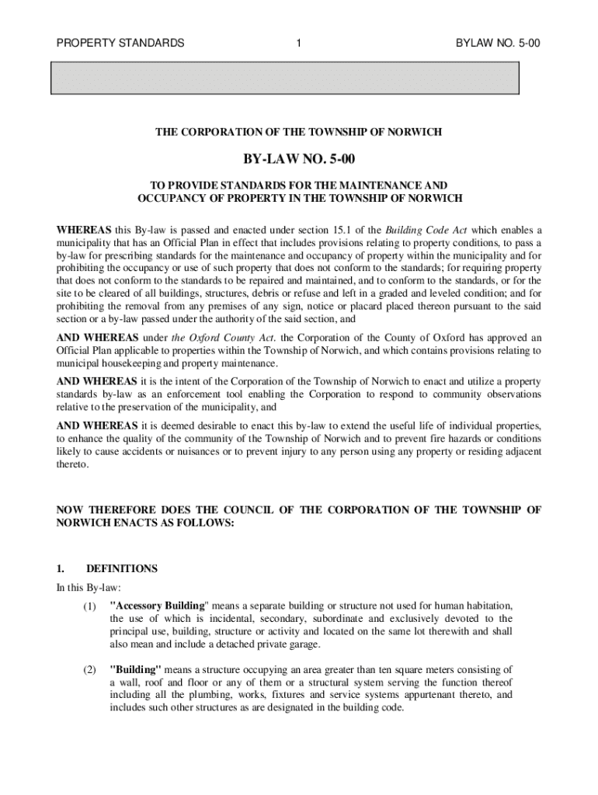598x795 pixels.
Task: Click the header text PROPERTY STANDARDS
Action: click(120, 43)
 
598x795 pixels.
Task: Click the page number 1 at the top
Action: click(299, 43)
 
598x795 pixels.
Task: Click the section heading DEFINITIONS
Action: click(122, 569)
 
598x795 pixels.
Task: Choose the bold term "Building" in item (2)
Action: click(136, 669)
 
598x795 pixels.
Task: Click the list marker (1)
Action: click(89, 606)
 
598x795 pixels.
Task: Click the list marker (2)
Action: click(89, 669)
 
